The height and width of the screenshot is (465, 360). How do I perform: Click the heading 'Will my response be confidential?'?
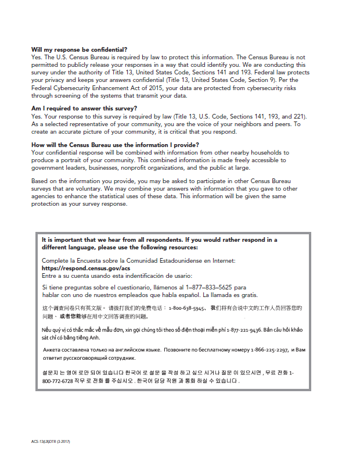click(79, 50)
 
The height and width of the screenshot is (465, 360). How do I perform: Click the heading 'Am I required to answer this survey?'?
click(84, 109)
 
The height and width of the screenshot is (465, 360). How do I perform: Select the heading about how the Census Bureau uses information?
click(115, 145)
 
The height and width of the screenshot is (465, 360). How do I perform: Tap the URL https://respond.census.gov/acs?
click(86, 269)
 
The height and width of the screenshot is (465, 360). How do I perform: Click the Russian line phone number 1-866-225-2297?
click(268, 350)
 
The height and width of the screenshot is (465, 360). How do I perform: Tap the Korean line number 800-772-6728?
click(59, 381)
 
